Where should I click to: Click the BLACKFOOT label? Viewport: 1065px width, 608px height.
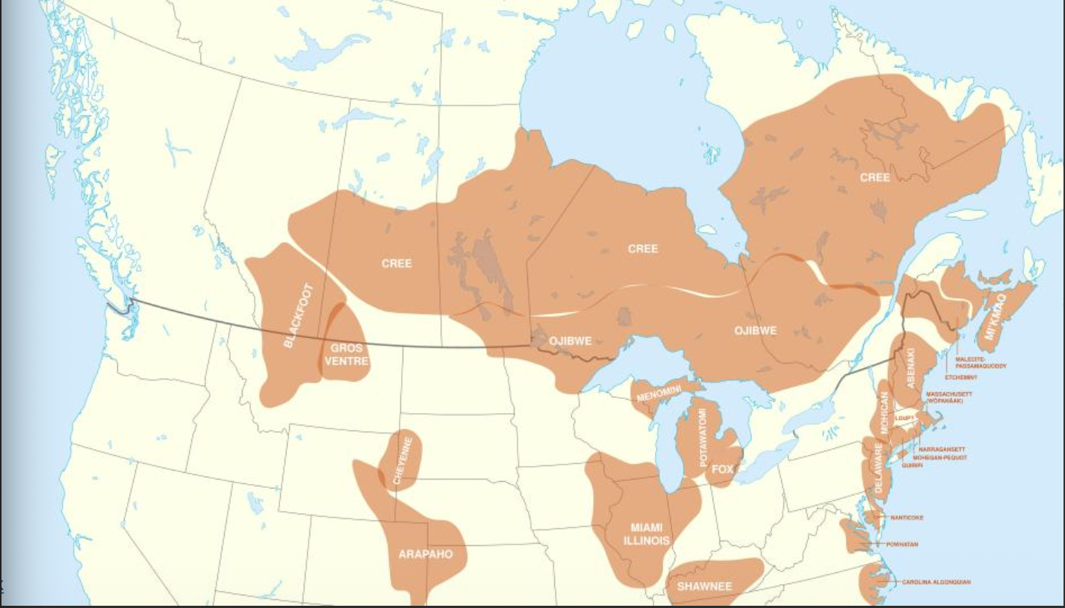[x=299, y=315]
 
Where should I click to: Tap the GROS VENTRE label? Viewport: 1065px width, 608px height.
[x=347, y=355]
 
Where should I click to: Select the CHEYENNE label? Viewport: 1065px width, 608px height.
[x=403, y=461]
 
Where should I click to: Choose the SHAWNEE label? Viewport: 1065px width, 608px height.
[x=704, y=586]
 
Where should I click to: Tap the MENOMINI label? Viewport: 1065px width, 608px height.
[x=658, y=394]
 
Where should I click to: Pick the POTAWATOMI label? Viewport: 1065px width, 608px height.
[x=703, y=438]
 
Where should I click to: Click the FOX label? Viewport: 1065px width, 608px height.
[x=722, y=470]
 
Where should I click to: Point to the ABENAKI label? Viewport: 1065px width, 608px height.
[x=910, y=369]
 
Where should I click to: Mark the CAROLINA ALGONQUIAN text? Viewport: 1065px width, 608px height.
[x=936, y=582]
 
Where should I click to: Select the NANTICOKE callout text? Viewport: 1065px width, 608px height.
[x=907, y=518]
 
